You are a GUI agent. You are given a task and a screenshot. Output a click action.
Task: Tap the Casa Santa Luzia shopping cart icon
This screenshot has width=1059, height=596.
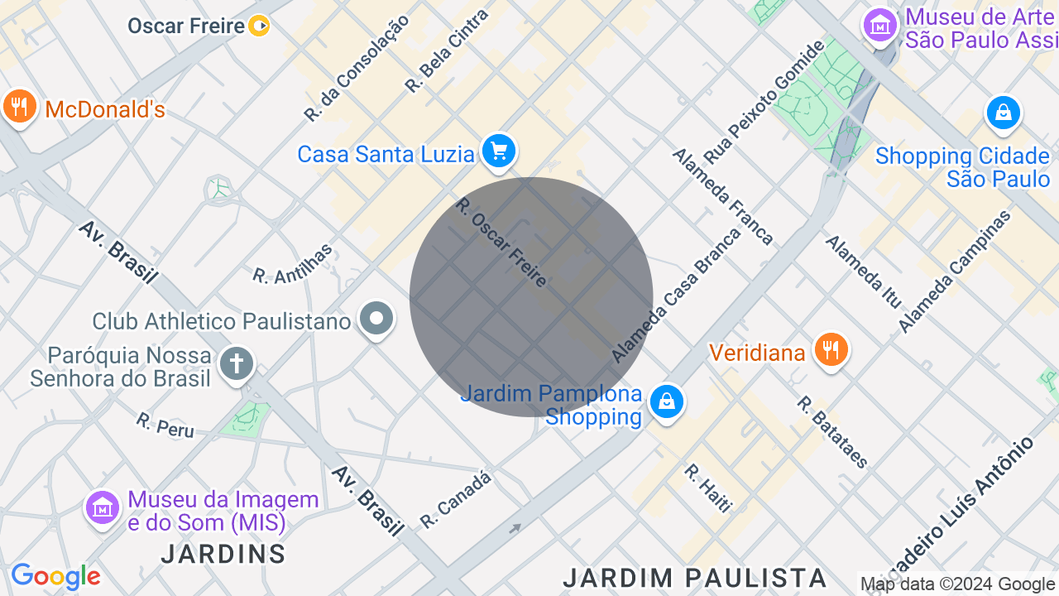498,151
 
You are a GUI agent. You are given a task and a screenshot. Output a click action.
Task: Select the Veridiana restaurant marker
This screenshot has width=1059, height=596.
830,350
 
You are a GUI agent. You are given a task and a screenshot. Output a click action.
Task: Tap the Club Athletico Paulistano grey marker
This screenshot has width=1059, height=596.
376,319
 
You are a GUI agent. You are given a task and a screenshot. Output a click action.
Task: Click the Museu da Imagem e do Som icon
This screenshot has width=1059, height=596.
103,507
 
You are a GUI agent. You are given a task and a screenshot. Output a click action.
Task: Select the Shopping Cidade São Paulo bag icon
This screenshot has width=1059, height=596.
1003,113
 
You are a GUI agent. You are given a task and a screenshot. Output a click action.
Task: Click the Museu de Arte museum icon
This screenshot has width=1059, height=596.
880,26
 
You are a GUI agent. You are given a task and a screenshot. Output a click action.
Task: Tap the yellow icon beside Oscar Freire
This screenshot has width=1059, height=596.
259,26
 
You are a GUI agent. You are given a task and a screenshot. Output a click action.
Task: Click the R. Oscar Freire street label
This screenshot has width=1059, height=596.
501,243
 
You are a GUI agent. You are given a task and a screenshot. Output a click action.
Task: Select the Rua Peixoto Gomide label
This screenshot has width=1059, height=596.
764,102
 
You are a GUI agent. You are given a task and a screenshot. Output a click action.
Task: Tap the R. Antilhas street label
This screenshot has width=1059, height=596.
293,264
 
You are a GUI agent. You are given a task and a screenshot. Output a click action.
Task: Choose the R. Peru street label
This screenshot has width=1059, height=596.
165,425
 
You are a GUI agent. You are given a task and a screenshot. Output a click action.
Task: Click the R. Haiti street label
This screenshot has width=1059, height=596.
708,488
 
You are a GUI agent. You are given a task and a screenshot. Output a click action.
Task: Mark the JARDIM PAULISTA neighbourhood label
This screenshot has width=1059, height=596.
694,577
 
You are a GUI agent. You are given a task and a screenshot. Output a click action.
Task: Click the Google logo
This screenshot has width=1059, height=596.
55,576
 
